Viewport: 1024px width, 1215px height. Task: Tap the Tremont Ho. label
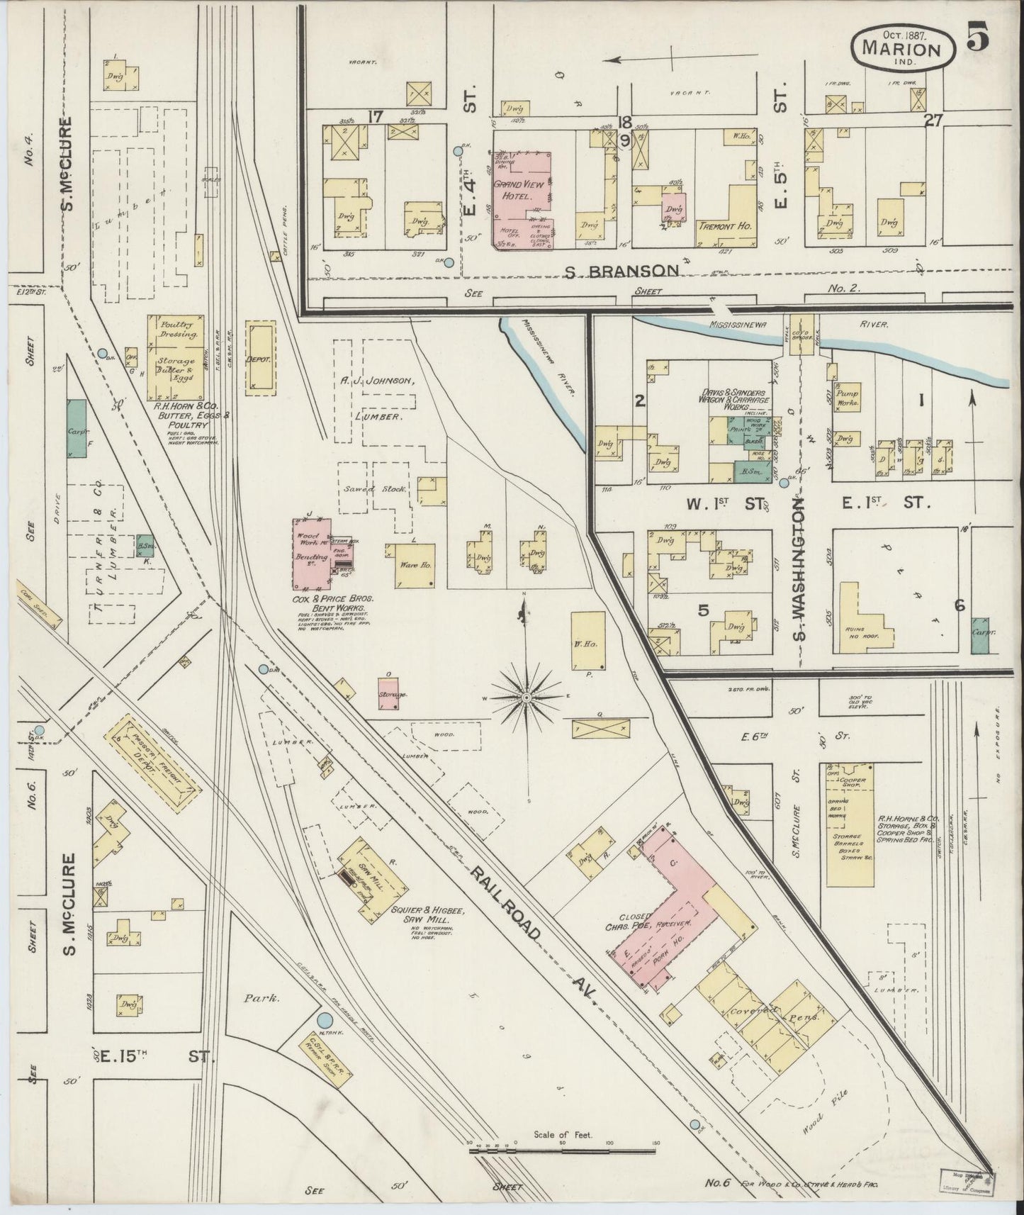coord(724,226)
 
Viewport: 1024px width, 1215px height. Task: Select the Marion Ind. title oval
coord(901,49)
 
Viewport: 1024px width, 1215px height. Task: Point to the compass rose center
coord(526,698)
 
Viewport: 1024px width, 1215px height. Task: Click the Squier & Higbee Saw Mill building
coord(371,878)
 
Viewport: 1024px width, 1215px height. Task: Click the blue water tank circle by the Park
coord(325,1020)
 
